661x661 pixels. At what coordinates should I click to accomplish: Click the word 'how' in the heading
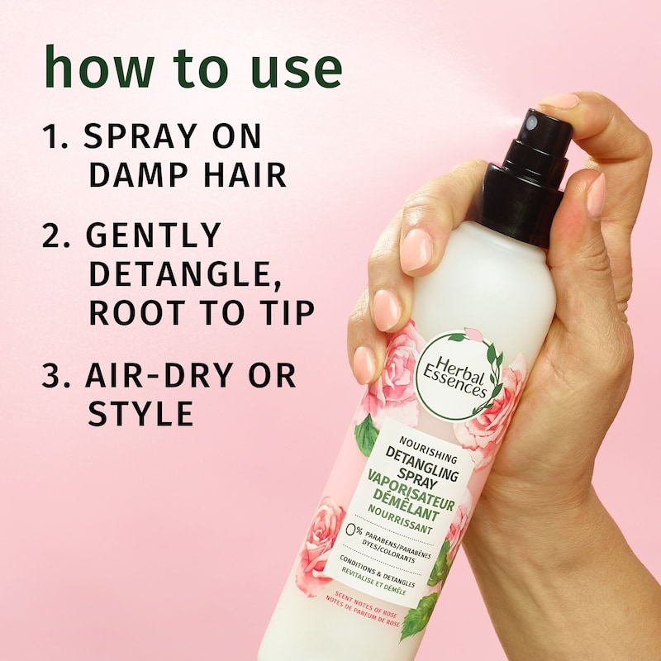click(x=99, y=67)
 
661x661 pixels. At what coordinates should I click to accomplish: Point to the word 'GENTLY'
click(x=154, y=235)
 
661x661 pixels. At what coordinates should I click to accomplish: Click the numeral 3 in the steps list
click(x=51, y=376)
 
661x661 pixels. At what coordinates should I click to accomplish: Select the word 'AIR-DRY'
click(x=159, y=376)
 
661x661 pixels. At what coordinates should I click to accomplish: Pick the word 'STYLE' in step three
click(x=140, y=413)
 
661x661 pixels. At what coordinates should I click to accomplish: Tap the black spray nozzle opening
click(x=532, y=123)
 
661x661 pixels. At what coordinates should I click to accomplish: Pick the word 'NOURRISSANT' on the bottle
click(x=400, y=519)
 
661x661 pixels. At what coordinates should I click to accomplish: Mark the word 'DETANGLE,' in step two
click(x=185, y=274)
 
